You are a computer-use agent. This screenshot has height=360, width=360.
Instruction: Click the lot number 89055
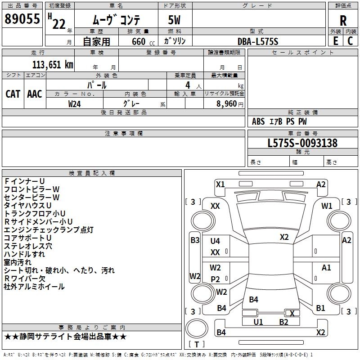click(22, 19)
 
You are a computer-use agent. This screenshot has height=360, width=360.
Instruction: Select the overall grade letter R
click(343, 20)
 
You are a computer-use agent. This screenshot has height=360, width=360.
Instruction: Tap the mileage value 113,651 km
click(53, 64)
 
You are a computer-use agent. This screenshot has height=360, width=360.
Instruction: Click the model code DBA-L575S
click(258, 41)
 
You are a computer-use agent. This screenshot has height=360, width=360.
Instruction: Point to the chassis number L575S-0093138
click(302, 143)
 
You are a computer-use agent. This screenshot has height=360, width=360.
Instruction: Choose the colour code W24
click(75, 103)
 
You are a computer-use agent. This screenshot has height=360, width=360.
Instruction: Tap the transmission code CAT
click(13, 94)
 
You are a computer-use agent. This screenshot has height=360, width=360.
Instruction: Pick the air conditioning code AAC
click(34, 94)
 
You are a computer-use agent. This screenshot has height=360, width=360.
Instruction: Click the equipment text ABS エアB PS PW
click(279, 121)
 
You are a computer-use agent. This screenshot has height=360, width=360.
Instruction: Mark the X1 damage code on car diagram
click(220, 184)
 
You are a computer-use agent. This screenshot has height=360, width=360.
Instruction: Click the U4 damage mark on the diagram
click(215, 241)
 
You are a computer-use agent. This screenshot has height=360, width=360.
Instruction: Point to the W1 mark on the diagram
click(327, 206)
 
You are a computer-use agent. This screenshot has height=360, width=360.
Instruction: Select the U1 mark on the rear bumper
click(258, 322)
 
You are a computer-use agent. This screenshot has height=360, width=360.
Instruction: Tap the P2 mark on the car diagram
click(216, 279)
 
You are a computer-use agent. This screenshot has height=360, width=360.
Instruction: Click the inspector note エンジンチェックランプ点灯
click(49, 229)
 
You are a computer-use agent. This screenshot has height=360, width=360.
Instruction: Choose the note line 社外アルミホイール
click(34, 286)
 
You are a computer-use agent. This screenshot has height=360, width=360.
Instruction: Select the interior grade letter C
click(350, 41)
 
